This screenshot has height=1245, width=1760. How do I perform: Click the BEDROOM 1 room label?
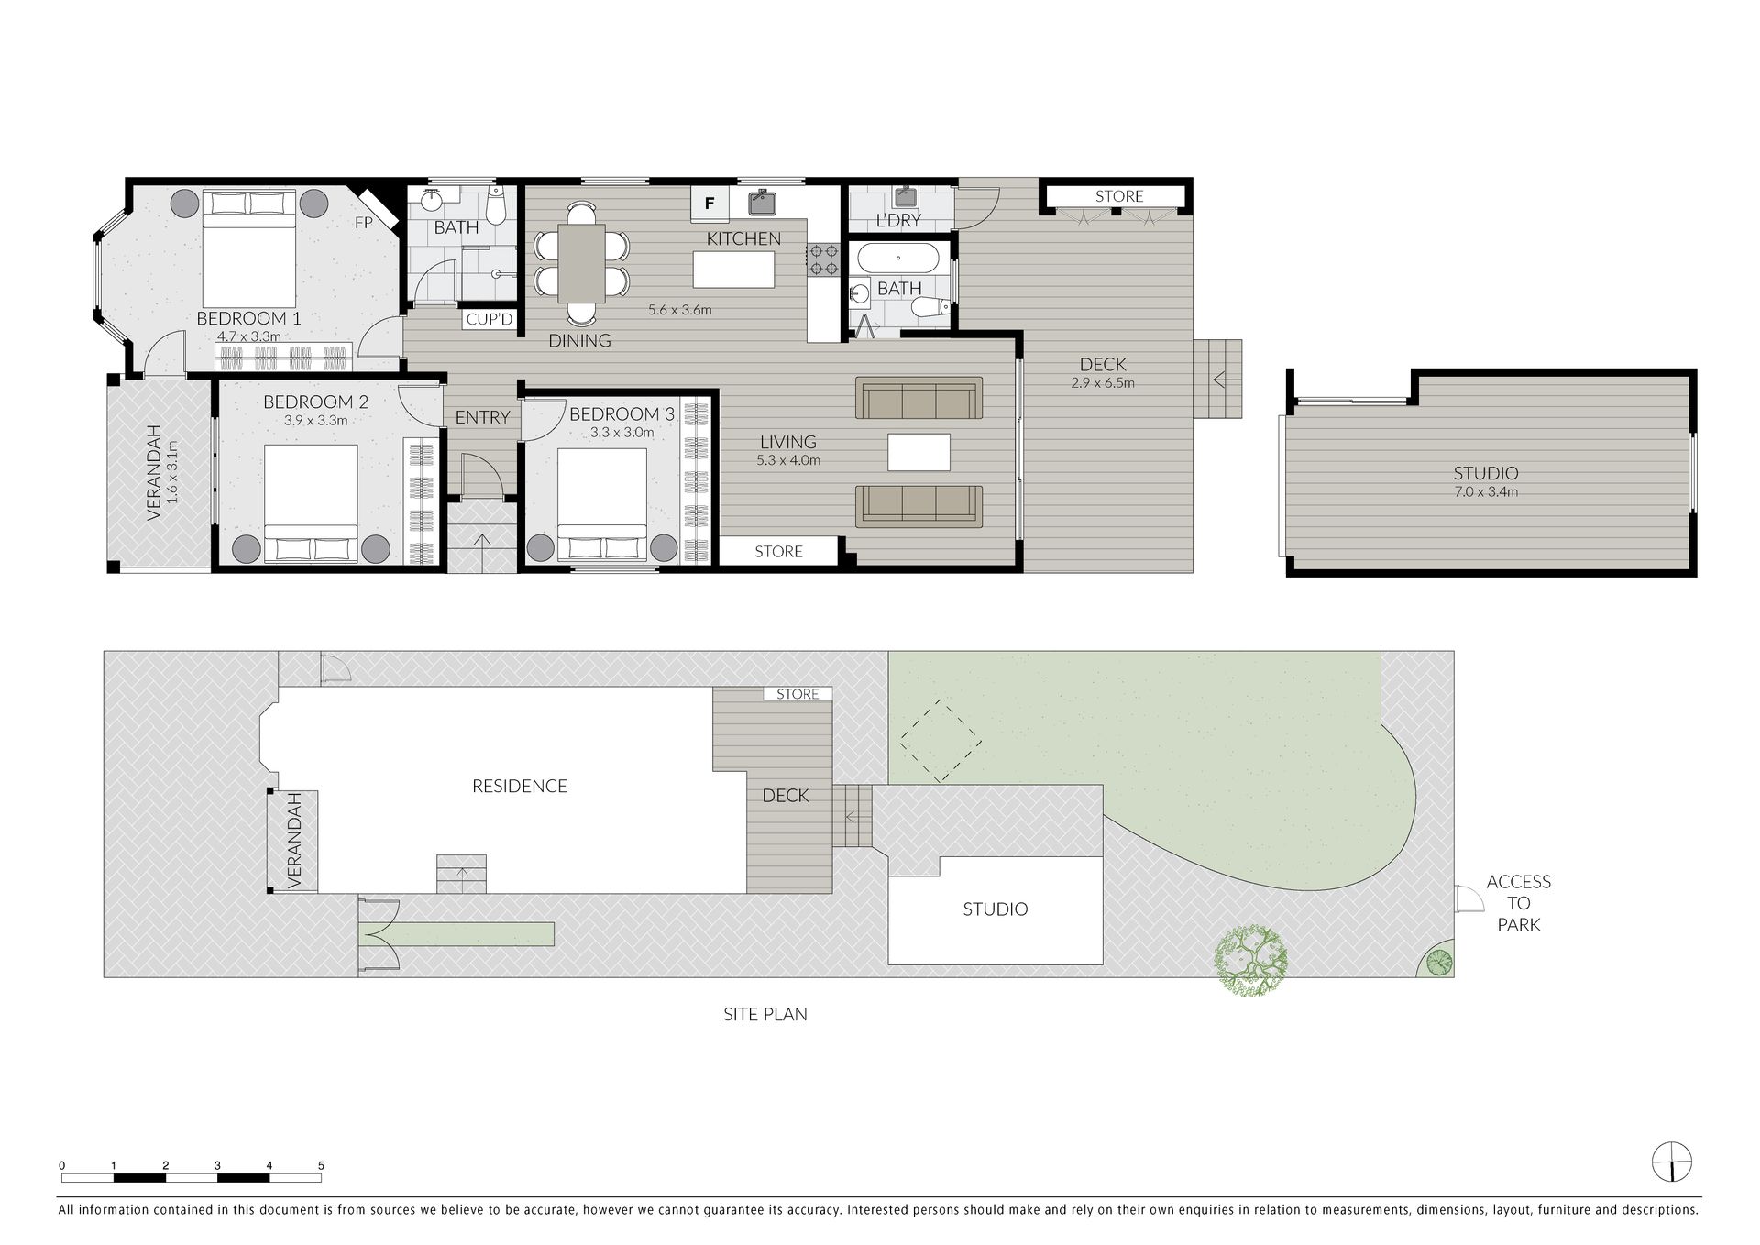pos(248,319)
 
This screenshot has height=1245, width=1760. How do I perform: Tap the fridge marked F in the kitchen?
pos(709,204)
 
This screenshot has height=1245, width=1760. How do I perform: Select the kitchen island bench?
pos(733,270)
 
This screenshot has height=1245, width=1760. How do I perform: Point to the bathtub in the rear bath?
pos(898,259)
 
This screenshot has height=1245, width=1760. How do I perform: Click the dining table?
pos(581,263)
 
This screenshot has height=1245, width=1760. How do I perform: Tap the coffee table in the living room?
pos(918,452)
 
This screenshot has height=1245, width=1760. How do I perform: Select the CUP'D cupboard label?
pos(489,319)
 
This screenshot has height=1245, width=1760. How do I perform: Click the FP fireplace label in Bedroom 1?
pos(364,223)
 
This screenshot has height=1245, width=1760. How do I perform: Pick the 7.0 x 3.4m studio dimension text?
pos(1485,491)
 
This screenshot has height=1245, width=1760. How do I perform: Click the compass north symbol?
pos(1672,1162)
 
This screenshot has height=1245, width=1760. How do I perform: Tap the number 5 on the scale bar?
pos(321,1165)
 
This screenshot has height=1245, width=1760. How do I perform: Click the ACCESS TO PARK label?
pos(1518,903)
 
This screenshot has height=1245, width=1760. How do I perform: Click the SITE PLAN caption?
pos(764,1014)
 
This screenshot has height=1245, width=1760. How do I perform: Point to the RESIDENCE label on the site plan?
pos(519,786)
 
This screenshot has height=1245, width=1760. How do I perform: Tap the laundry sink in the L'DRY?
pos(905,198)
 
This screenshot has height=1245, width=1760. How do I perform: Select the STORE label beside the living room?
pos(778,551)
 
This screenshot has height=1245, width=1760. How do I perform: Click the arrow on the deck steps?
pos(1220,379)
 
